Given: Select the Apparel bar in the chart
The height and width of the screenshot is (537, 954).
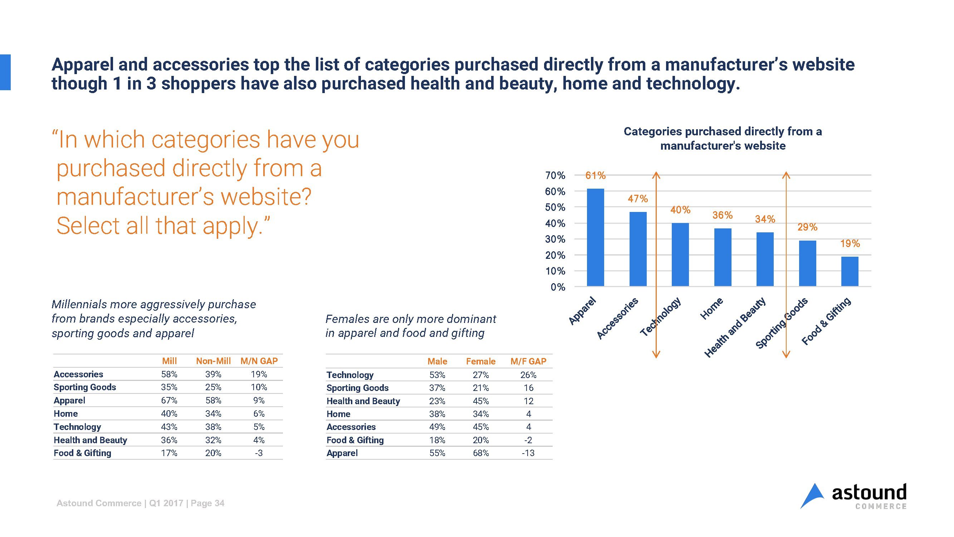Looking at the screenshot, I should point(595,237).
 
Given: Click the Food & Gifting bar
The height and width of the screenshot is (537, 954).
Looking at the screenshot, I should point(850,271).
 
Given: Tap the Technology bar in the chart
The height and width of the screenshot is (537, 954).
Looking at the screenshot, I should point(680,254).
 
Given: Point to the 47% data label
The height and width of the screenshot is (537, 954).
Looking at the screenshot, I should point(637,199).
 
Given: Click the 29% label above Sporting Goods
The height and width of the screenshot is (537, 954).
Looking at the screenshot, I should point(807,227).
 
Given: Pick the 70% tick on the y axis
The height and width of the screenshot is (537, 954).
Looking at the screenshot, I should point(555,175).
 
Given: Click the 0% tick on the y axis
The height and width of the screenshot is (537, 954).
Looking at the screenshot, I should point(557,287).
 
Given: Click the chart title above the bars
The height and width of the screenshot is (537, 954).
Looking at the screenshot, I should point(723,138).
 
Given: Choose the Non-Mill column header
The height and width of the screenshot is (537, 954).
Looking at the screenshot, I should point(213,361).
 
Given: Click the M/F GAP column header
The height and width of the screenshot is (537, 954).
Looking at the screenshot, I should point(528,361).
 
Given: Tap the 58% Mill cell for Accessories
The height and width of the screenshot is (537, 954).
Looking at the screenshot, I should point(169,374).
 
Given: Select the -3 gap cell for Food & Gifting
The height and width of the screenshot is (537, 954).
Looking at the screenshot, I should point(259,453).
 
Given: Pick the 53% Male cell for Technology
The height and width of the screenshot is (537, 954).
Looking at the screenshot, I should point(437,375).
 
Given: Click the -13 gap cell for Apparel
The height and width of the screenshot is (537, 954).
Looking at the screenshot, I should point(528,453).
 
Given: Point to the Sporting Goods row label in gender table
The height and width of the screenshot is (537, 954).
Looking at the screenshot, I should point(357,388).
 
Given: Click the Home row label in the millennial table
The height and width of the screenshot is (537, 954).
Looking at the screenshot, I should point(65,413).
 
